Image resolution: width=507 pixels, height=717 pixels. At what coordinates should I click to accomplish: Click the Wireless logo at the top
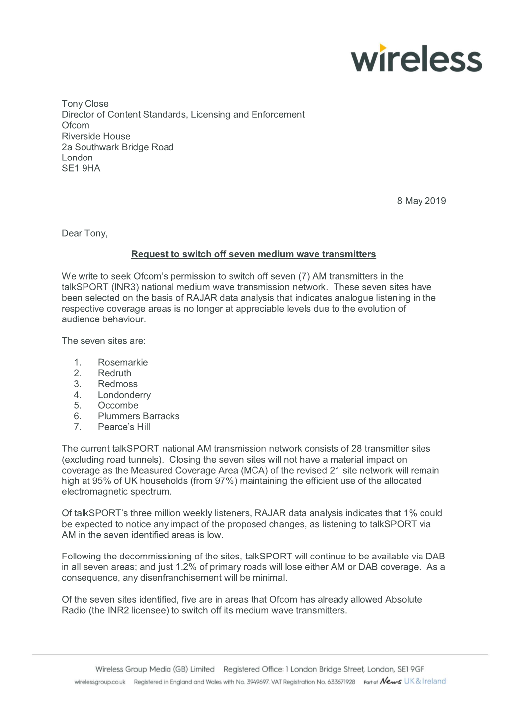[417, 59]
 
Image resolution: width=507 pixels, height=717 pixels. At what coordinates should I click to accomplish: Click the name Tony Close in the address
[85, 104]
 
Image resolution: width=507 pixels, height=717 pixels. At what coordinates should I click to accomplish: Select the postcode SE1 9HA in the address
[81, 168]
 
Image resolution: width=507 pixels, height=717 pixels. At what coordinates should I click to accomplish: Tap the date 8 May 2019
[421, 201]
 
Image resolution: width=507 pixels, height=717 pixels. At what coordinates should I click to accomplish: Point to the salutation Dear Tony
[84, 233]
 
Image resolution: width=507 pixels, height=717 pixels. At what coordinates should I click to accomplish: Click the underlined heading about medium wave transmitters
[253, 254]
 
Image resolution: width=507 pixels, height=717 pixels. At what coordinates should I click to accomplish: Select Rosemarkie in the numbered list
[123, 362]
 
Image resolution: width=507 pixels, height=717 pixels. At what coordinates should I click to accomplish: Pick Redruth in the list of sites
[114, 373]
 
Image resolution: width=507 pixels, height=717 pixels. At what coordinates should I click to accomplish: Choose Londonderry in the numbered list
[124, 395]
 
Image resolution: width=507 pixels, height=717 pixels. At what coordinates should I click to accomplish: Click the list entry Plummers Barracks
[139, 416]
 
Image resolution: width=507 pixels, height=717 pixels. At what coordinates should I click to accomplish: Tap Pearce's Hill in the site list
[124, 427]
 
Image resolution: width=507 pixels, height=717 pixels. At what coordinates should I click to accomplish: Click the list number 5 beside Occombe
[77, 405]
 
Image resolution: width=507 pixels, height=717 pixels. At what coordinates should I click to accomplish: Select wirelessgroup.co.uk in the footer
[100, 682]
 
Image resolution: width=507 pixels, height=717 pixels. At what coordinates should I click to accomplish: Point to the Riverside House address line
[96, 136]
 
